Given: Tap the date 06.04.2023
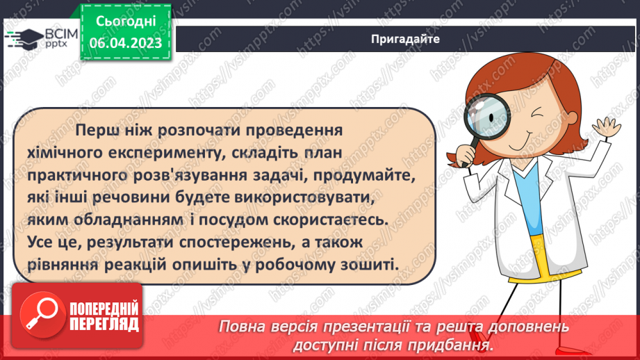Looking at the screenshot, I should pyautogui.click(x=125, y=42).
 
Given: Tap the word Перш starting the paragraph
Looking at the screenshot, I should pyautogui.click(x=99, y=130).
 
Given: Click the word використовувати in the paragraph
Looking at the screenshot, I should pyautogui.click(x=308, y=197).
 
